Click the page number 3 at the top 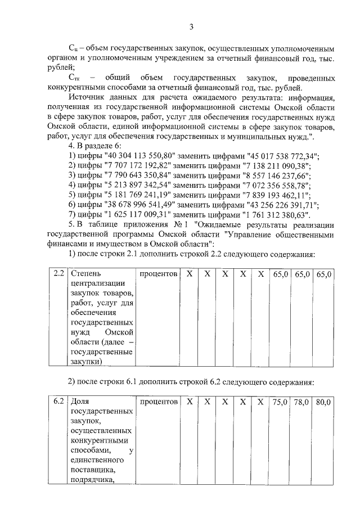pyautogui.click(x=191, y=26)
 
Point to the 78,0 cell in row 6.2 pyautogui.click(x=302, y=402)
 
